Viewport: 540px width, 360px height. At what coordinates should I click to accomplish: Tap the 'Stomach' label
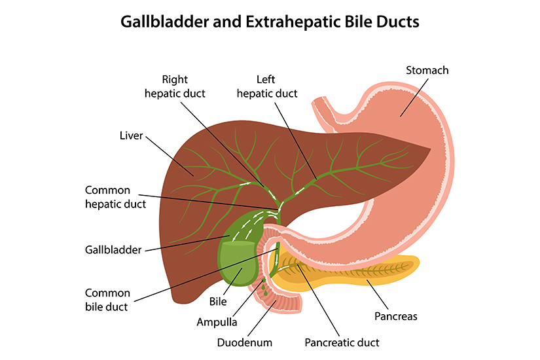[427, 70]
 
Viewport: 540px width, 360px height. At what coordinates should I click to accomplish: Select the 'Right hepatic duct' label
[174, 86]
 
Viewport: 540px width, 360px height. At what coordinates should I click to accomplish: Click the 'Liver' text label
[131, 136]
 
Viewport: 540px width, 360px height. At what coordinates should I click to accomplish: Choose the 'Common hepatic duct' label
[115, 196]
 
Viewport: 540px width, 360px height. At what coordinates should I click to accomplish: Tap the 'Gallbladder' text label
[113, 249]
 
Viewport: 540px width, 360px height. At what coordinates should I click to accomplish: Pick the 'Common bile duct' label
[107, 299]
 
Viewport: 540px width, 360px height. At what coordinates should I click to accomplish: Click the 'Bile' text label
[217, 302]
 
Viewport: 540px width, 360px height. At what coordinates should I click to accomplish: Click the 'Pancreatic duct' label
[342, 342]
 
